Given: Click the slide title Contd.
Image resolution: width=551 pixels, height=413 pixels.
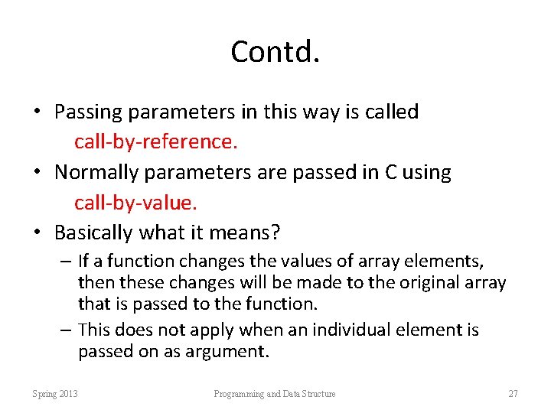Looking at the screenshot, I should (x=275, y=52).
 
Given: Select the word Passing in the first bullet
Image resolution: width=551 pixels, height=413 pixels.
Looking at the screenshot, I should (x=89, y=112).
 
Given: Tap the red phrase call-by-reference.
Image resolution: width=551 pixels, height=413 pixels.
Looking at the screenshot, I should (x=155, y=142).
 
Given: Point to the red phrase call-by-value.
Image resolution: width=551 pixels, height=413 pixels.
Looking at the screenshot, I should (x=135, y=203).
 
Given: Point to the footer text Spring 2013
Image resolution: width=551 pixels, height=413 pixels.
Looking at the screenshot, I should (x=55, y=394).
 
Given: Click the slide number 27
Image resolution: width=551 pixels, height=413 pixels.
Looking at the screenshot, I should (x=513, y=394).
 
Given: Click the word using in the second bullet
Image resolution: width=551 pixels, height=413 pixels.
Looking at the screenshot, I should (x=427, y=172).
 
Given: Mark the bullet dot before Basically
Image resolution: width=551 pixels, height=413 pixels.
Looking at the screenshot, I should (x=36, y=233).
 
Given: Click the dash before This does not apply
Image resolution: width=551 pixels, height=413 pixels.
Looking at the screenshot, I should (x=66, y=330).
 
